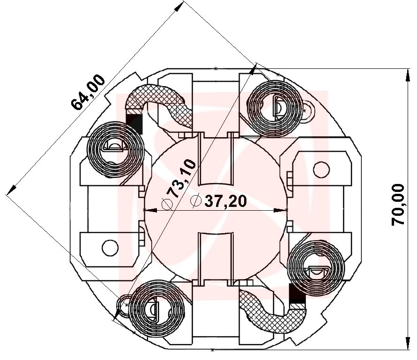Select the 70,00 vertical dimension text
click(x=398, y=205)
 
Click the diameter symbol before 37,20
click(x=196, y=201)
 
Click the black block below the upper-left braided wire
click(x=134, y=122)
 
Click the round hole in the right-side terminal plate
click(x=320, y=169)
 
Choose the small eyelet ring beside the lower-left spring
click(x=125, y=304)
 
